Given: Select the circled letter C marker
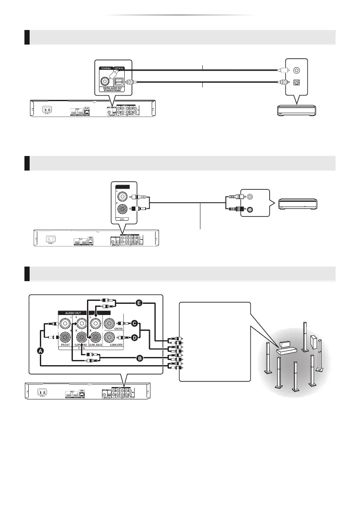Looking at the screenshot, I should [x=135, y=323].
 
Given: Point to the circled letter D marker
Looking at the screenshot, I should [x=135, y=338].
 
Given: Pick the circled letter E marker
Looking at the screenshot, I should [x=138, y=303].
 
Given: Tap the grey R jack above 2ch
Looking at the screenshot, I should [x=123, y=210].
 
